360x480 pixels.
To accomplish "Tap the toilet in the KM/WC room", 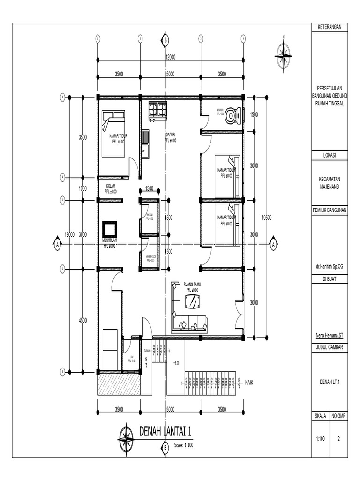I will (x=232, y=115).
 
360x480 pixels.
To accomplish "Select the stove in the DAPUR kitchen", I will (x=157, y=110).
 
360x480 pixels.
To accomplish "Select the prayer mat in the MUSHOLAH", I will (x=110, y=229).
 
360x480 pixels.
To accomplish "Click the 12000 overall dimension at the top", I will (x=170, y=57).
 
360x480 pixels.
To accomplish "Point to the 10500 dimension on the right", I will (x=267, y=217).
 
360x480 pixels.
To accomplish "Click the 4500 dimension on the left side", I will (x=82, y=321).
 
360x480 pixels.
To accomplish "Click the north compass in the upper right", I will (x=283, y=56).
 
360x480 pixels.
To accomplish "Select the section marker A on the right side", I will (x=273, y=244).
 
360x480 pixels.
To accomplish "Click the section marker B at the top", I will (x=165, y=40).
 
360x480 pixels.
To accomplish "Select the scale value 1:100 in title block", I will (x=321, y=439).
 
